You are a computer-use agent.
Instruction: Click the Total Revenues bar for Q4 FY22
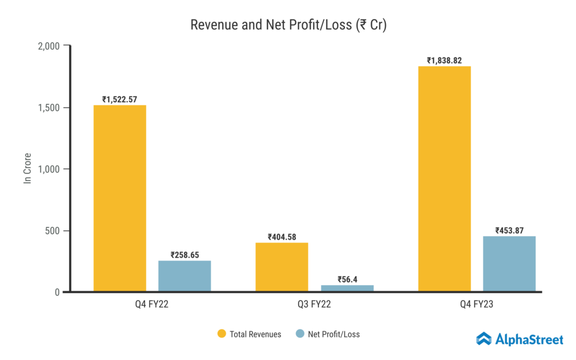(120, 198)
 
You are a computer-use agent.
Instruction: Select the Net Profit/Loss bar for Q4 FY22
(184, 276)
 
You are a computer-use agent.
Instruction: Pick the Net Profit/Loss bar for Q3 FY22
(347, 288)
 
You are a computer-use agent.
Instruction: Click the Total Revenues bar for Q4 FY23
(444, 179)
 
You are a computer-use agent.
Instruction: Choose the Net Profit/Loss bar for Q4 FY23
(509, 264)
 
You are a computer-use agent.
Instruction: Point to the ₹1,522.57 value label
(120, 100)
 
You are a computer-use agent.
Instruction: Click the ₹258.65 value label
(184, 255)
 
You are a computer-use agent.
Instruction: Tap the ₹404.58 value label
(282, 237)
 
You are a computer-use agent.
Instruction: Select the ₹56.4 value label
(347, 279)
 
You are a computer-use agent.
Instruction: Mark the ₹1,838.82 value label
(444, 60)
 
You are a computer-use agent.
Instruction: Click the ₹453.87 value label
(509, 231)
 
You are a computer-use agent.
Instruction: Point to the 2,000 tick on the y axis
(48, 46)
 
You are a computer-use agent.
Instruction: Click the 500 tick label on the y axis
(53, 231)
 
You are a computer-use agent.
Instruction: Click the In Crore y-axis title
(26, 168)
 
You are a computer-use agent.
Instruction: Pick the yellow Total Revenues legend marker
(222, 334)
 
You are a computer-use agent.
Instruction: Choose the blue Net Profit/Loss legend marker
(299, 334)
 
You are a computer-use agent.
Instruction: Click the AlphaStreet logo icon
(484, 339)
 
